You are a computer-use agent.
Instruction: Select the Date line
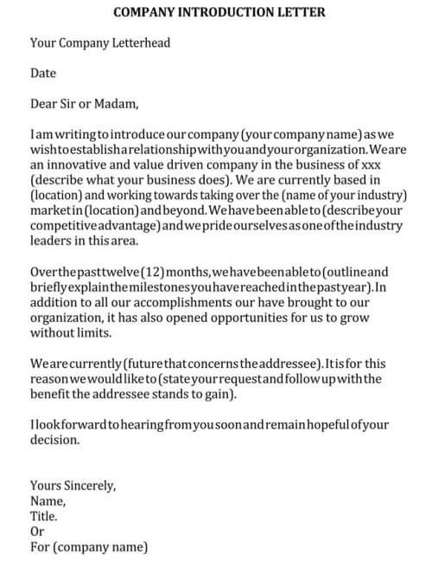[x=42, y=74]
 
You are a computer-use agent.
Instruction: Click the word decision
[x=54, y=440]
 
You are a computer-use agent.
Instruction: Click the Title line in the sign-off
[x=43, y=516]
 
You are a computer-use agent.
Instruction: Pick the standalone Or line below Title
[x=37, y=532]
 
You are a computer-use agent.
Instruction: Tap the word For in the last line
[x=41, y=547]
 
